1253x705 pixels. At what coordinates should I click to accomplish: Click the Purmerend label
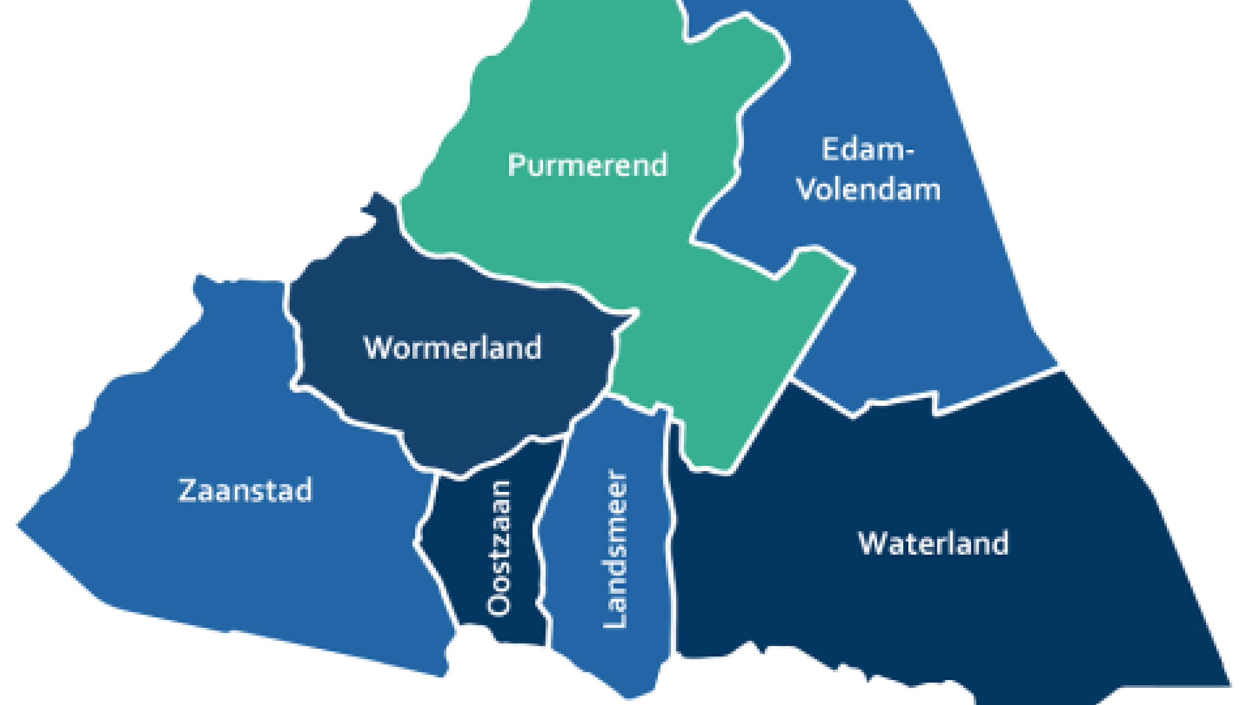(587, 165)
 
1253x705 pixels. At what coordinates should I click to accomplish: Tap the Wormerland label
(453, 348)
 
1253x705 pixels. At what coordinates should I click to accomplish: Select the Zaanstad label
(245, 491)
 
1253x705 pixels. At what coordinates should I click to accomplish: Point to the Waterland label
(933, 543)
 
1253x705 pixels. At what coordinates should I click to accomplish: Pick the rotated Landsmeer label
(615, 548)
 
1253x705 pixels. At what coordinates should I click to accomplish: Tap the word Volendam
(869, 189)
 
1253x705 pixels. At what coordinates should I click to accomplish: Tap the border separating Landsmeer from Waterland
(671, 539)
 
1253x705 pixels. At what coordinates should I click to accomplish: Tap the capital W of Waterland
(874, 543)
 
